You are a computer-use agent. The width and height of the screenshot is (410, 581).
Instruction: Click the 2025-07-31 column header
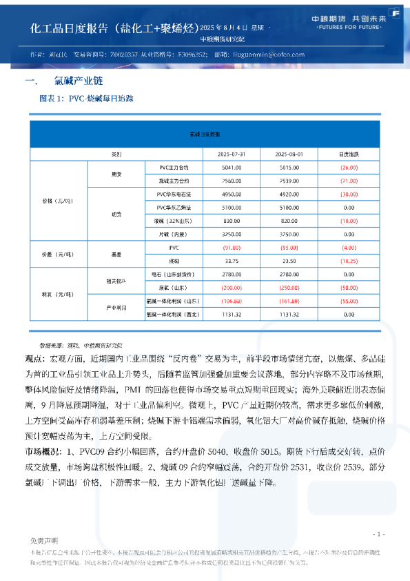pos(232,154)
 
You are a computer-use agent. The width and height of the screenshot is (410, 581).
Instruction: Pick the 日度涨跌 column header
pos(349,154)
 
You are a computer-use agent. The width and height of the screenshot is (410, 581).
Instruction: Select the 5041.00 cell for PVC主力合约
pos(232,167)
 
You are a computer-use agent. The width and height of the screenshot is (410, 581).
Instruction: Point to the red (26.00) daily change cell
pos(349,167)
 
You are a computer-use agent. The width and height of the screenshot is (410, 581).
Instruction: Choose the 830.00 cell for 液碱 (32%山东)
pos(232,221)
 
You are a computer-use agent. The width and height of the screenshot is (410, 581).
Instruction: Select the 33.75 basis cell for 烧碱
pos(232,261)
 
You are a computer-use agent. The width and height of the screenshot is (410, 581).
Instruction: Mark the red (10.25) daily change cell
pos(349,261)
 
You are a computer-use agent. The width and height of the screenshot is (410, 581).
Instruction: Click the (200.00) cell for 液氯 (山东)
pos(232,287)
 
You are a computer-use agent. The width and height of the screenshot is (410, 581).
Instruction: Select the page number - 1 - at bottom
pos(378,534)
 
